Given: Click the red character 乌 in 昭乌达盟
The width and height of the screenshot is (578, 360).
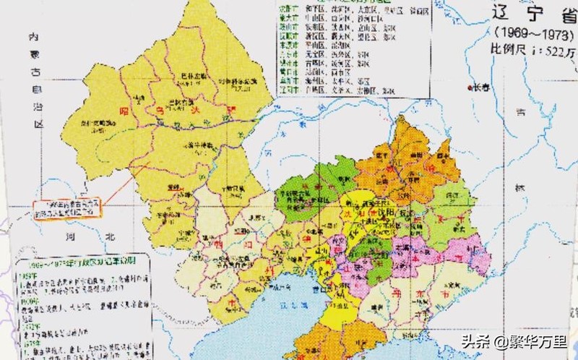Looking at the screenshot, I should [x=163, y=110].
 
